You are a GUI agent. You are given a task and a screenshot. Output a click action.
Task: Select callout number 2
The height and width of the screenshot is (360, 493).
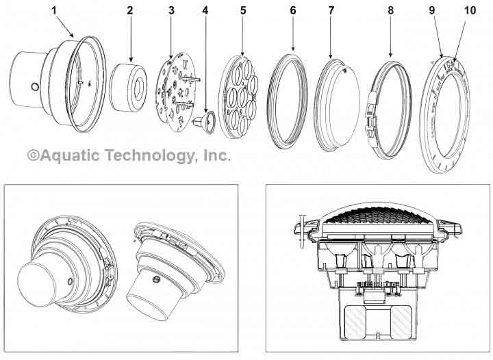(130, 12)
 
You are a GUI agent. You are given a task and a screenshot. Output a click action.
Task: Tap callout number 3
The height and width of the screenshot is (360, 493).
(171, 12)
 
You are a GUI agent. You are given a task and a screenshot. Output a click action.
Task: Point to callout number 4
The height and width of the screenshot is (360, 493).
(204, 12)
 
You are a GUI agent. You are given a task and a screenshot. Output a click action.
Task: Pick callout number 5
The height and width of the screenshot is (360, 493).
(242, 12)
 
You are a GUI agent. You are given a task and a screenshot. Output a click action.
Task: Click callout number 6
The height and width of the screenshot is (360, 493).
(292, 12)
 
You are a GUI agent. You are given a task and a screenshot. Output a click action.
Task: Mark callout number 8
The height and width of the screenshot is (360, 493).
(390, 12)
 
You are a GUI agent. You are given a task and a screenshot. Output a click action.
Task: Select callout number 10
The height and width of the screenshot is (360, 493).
(469, 12)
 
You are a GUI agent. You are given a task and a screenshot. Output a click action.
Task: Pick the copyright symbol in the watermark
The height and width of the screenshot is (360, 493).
(33, 155)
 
